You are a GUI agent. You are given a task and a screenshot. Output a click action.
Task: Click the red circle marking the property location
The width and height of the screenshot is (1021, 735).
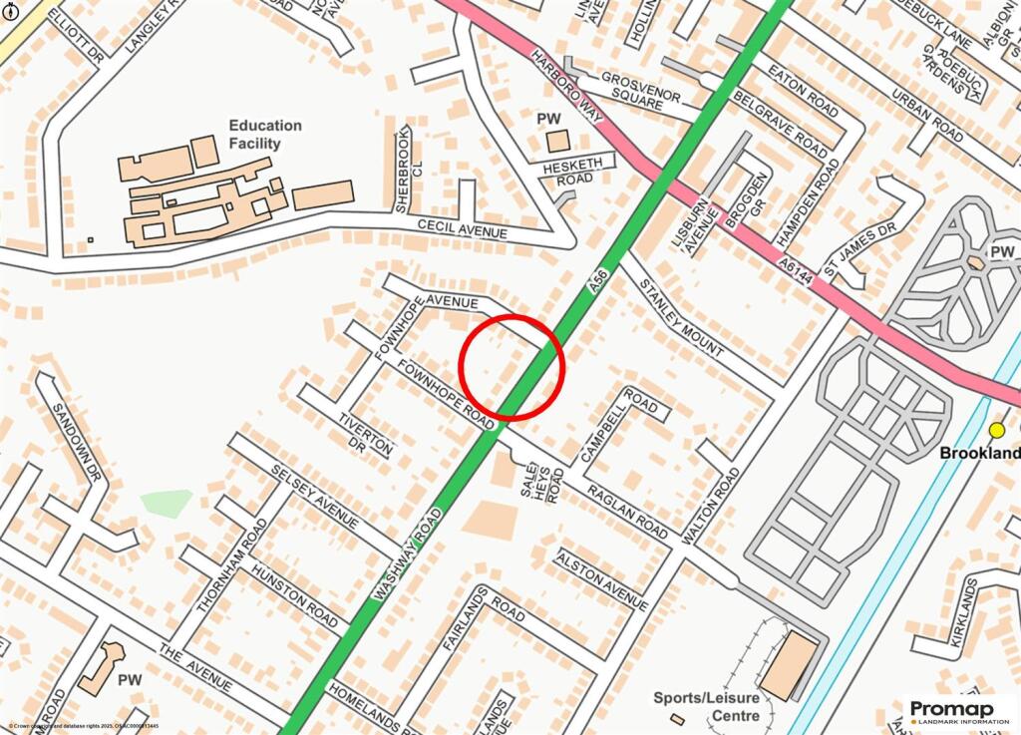pyautogui.click(x=511, y=366)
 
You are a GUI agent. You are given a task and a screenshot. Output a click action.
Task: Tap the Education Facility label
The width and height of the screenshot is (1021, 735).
pyautogui.click(x=265, y=135)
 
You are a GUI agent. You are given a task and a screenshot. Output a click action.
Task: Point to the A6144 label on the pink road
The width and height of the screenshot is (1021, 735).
pyautogui.click(x=800, y=270)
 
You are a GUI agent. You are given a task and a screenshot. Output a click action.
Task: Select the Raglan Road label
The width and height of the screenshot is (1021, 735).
pyautogui.click(x=628, y=509)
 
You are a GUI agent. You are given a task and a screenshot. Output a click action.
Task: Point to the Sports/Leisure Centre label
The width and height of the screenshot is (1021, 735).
pyautogui.click(x=706, y=706)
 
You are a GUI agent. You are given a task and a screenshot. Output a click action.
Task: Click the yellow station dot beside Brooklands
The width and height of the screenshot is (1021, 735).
pyautogui.click(x=996, y=430)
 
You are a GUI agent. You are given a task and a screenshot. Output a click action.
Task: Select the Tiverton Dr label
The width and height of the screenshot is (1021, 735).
pyautogui.click(x=366, y=434)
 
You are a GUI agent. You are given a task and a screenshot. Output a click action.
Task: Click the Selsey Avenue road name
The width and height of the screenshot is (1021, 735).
pyautogui.click(x=314, y=497)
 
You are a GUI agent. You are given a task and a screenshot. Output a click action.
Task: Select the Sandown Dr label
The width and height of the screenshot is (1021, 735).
pyautogui.click(x=75, y=440)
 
